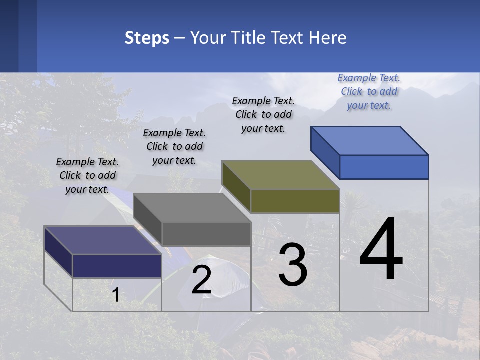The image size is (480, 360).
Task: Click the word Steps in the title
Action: click(147, 38)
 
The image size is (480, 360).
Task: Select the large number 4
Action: click(381, 250)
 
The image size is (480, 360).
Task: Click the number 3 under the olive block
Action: click(293, 265)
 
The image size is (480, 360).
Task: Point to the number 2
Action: click(201, 280)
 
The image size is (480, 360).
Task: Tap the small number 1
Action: click(116, 295)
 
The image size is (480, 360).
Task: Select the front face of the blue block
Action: click(384, 167)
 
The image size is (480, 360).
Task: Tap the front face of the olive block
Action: click(295, 201)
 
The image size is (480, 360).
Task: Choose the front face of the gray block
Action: click(206, 234)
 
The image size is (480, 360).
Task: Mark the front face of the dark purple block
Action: click(117, 266)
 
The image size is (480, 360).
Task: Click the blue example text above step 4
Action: click(369, 92)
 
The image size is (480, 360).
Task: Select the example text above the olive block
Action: click(263, 114)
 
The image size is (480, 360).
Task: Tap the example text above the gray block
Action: click(174, 146)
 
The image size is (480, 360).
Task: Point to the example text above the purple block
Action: click(87, 175)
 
